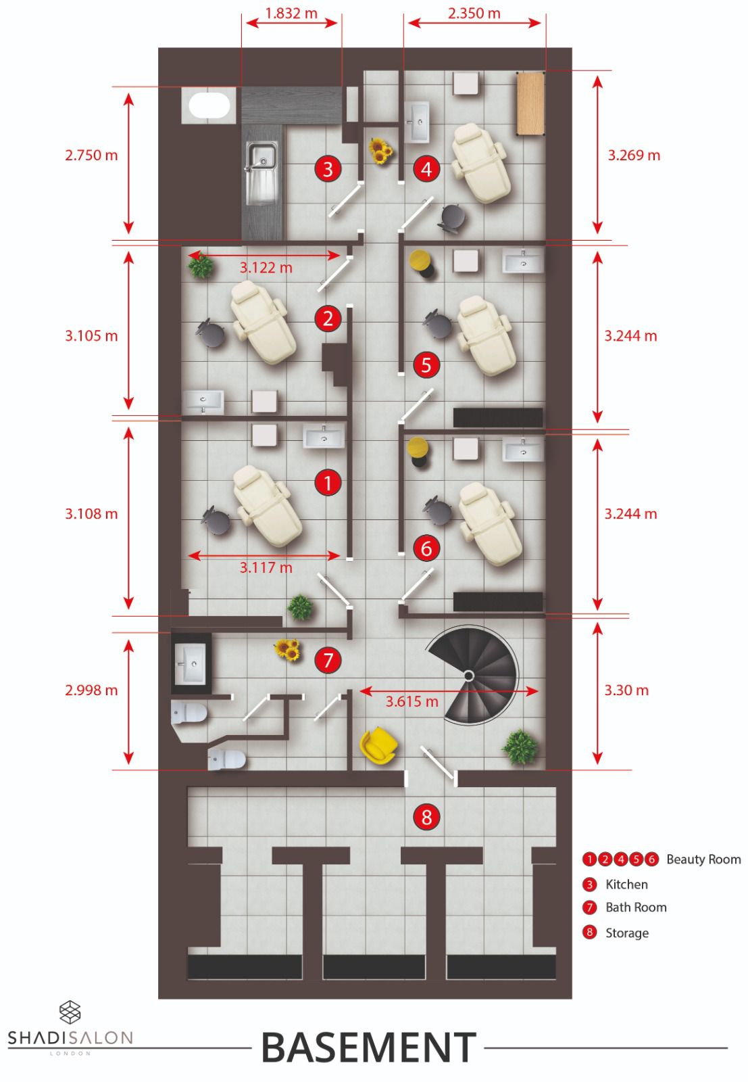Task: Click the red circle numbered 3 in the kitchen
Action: (328, 169)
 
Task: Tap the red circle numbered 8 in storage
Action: (426, 817)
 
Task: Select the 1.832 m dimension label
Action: (291, 13)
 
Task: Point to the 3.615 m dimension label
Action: (412, 701)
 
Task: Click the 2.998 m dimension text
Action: (91, 690)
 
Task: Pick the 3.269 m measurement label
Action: (634, 155)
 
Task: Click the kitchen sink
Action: (261, 172)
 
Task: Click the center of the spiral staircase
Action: (468, 675)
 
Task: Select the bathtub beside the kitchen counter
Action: (209, 105)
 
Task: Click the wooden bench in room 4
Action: (530, 103)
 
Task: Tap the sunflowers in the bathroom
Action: (288, 649)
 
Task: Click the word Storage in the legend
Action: (626, 933)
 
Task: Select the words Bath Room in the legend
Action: (636, 907)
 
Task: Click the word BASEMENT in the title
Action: (369, 1048)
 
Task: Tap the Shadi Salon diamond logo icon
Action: (70, 1012)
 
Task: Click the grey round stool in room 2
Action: (210, 332)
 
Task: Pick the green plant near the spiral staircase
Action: (520, 747)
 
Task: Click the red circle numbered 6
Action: (426, 548)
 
